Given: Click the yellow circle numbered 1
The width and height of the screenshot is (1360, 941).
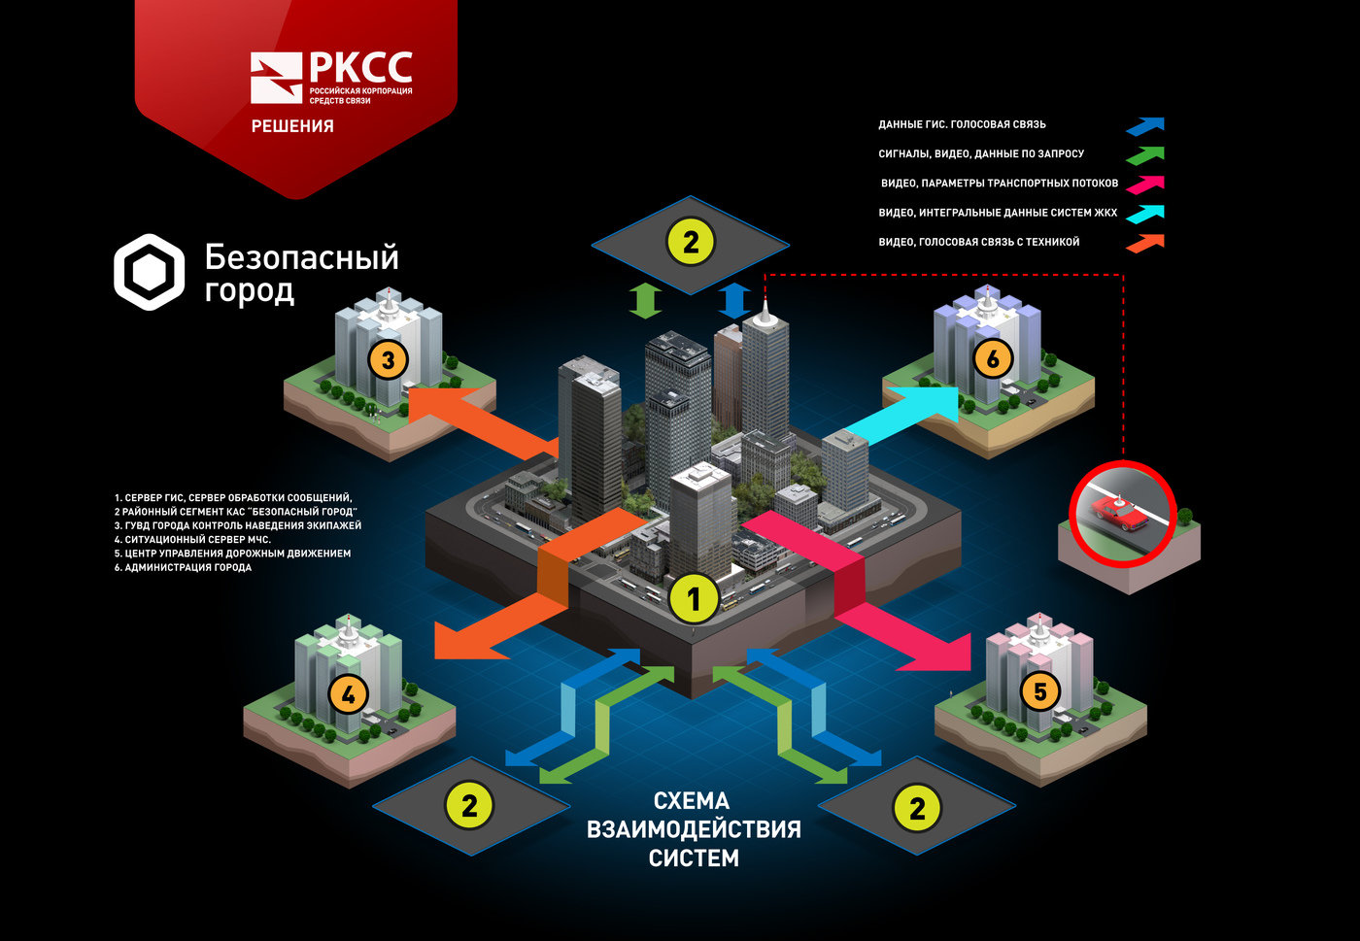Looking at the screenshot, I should click(694, 599).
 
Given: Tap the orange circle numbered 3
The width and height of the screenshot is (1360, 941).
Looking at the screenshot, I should click(388, 360).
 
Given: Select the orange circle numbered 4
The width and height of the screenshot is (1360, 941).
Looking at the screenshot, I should click(348, 694).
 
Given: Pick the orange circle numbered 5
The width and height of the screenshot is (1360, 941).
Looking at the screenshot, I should click(1039, 691).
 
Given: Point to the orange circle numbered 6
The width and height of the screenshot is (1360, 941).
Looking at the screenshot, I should click(992, 359).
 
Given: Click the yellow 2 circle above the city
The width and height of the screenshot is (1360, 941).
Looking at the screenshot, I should click(690, 242).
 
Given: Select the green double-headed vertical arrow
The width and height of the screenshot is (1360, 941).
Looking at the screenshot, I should click(645, 301).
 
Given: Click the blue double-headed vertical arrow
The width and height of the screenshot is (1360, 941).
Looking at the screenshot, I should click(735, 301).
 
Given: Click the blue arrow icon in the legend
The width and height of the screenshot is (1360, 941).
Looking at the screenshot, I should click(1145, 125).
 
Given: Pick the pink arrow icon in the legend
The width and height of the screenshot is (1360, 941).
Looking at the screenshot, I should click(1145, 184).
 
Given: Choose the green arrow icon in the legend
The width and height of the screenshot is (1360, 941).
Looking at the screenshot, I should click(1145, 154).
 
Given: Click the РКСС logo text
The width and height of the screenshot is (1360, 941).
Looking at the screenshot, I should click(359, 68).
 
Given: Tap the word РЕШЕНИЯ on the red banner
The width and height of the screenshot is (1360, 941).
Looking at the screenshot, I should click(292, 126).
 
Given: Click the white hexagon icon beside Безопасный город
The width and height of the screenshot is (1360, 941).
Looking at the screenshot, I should click(149, 272).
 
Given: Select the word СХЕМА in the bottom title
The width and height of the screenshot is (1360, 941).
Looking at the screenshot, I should click(692, 801).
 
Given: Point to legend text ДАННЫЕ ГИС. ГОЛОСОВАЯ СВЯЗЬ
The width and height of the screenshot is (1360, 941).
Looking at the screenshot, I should click(962, 125).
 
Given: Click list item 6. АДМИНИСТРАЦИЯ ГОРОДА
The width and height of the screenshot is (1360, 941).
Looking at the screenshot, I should click(183, 567).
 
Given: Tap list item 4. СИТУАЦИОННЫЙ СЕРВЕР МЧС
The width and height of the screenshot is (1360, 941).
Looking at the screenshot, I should click(192, 539).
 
